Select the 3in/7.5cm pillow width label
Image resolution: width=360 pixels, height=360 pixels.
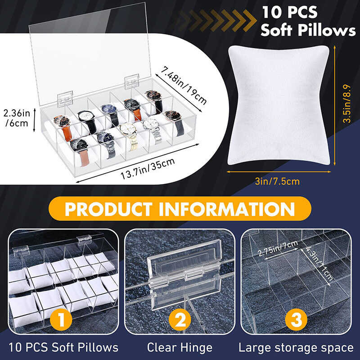coord(277,181)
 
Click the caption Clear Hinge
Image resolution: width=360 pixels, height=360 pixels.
coord(180,347)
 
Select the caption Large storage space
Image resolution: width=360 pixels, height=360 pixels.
coord(296,347)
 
